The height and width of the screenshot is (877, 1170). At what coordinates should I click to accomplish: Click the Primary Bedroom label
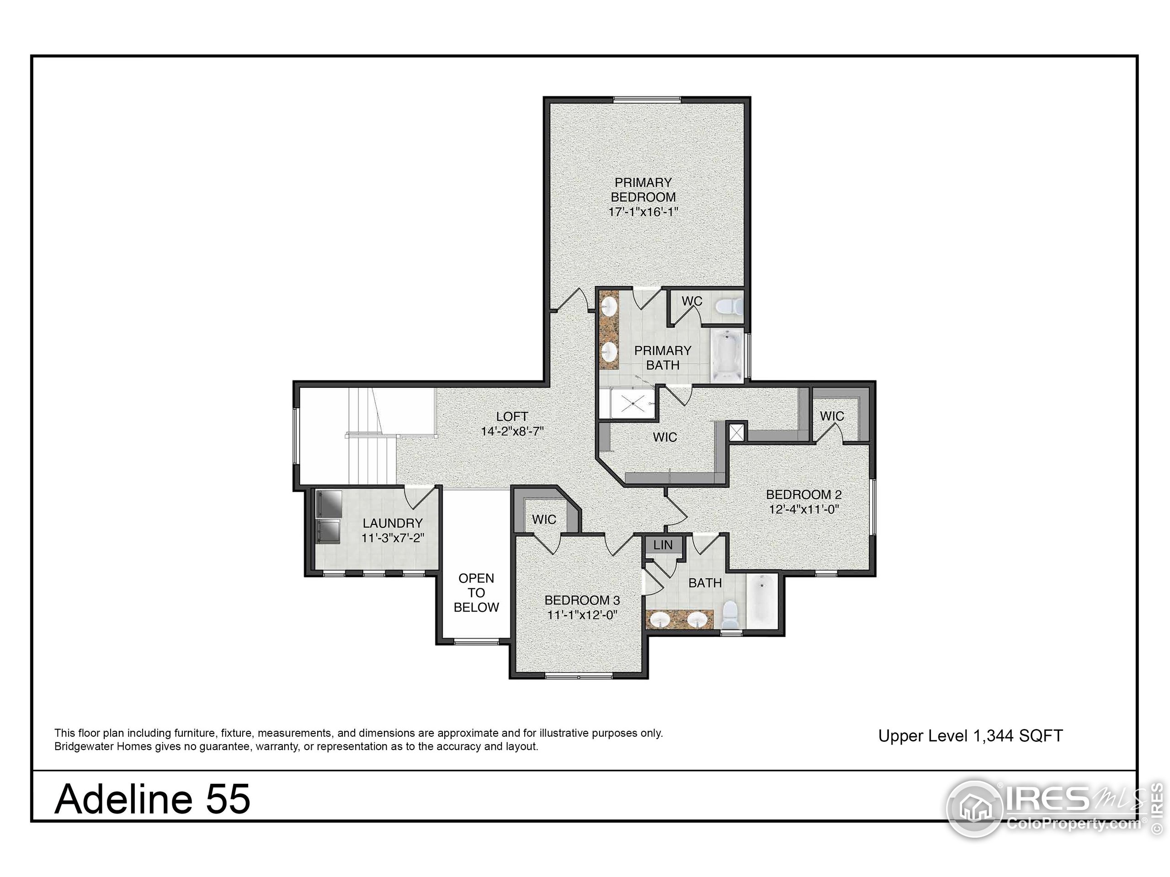tap(643, 190)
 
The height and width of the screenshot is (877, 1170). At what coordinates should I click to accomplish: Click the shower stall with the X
tap(630, 404)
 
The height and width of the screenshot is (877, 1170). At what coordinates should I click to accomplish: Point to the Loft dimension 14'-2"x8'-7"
tap(512, 431)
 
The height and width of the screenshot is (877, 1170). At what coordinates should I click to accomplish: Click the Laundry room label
tap(393, 523)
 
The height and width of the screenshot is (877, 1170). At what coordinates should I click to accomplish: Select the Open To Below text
tap(476, 592)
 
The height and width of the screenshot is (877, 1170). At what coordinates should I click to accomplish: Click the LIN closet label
tap(663, 545)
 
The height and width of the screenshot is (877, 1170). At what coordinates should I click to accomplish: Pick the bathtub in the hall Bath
tap(762, 602)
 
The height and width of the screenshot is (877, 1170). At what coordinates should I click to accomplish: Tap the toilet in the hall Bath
tap(730, 614)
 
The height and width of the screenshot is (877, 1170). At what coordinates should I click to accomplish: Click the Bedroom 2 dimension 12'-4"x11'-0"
tap(804, 510)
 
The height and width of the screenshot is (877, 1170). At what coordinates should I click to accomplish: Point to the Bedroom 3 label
tap(582, 600)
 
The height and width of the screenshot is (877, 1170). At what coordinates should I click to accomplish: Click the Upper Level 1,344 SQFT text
tap(970, 736)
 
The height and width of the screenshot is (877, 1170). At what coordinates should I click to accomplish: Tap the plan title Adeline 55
tap(152, 799)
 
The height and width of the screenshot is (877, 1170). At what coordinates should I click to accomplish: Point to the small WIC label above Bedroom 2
tap(831, 416)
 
